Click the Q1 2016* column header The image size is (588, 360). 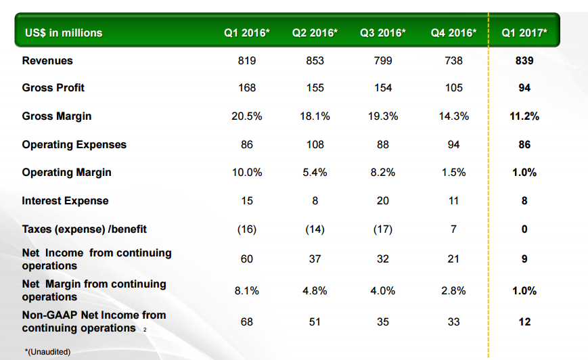click(x=247, y=32)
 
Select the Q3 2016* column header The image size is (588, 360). click(x=383, y=32)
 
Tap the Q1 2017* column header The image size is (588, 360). click(x=524, y=32)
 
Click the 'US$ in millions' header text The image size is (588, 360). click(x=64, y=32)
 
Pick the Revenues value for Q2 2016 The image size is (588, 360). click(x=315, y=61)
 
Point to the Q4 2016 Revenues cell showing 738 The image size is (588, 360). click(x=454, y=61)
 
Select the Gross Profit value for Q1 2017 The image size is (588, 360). click(x=524, y=88)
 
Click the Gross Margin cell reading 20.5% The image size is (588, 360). click(x=247, y=116)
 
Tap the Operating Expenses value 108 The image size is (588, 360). click(x=315, y=145)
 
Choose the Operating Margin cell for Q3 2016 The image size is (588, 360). click(x=383, y=173)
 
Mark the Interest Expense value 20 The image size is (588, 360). click(x=383, y=201)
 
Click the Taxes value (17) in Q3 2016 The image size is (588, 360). click(x=383, y=229)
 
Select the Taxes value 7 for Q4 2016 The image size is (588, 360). click(x=454, y=229)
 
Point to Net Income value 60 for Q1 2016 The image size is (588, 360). click(x=247, y=259)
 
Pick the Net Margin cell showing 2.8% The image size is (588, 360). click(x=454, y=291)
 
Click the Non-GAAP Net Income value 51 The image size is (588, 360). click(x=315, y=322)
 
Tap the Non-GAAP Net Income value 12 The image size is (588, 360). click(x=524, y=322)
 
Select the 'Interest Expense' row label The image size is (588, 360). click(x=65, y=201)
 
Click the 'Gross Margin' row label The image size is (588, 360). click(x=57, y=116)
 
